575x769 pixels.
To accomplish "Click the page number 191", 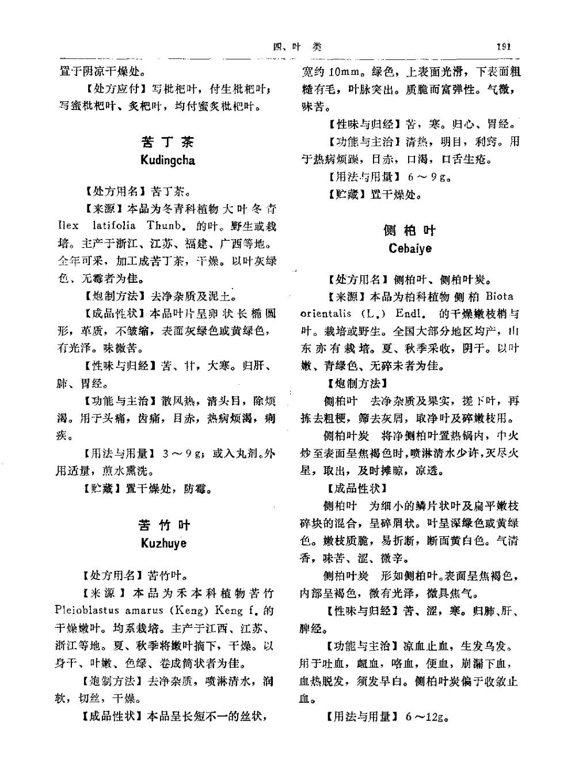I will click(503, 47).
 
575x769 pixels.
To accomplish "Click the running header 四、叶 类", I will click(296, 47).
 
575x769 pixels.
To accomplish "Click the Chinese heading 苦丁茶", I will click(167, 142).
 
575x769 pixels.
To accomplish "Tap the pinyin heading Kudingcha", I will click(167, 160).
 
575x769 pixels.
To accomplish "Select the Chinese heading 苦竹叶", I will click(164, 525).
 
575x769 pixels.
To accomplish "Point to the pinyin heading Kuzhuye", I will click(163, 543).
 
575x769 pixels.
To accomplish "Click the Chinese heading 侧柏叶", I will click(410, 230).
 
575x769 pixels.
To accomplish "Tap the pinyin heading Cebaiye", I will click(410, 249).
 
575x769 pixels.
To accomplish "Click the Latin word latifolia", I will click(114, 226).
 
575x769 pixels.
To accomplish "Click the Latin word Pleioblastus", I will click(86, 610).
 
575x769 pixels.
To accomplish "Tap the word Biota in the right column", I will click(499, 297).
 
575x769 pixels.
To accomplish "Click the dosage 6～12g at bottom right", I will click(427, 717).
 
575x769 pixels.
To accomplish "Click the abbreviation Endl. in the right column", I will click(410, 314).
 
